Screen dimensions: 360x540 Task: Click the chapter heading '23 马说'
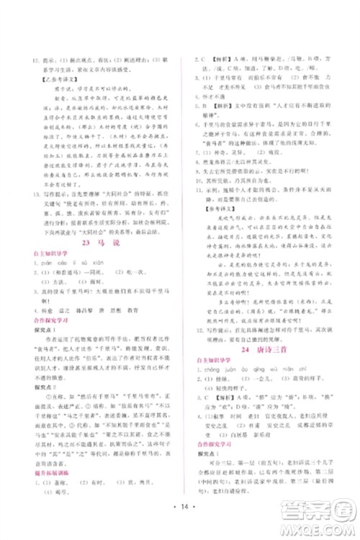pos(96,264)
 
